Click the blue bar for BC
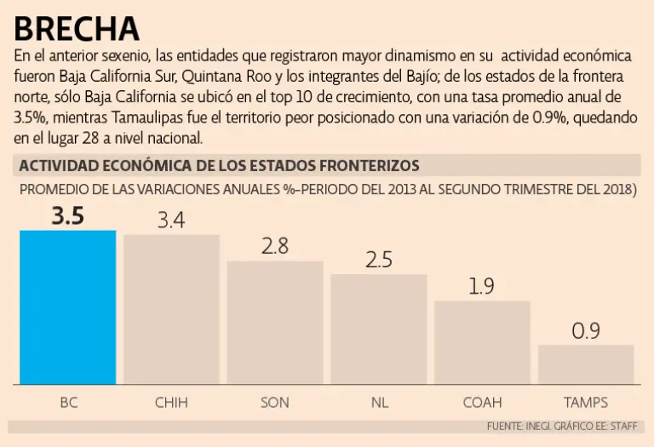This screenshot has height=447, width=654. click(x=68, y=307)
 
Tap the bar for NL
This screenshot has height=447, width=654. click(x=378, y=329)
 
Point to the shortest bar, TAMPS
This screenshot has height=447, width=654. click(x=586, y=364)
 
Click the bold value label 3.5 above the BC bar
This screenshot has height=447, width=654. click(x=68, y=216)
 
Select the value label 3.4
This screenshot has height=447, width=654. click(x=171, y=221)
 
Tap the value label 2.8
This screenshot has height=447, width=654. click(x=275, y=247)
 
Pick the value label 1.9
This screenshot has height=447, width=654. click(x=482, y=287)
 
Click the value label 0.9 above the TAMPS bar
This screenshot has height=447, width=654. click(x=586, y=331)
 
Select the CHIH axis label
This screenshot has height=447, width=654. click(x=171, y=402)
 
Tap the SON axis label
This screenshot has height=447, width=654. click(x=275, y=402)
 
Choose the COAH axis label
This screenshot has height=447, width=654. click(x=482, y=402)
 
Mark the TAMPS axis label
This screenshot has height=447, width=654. click(x=586, y=402)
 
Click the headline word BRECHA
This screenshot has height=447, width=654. click(x=77, y=28)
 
